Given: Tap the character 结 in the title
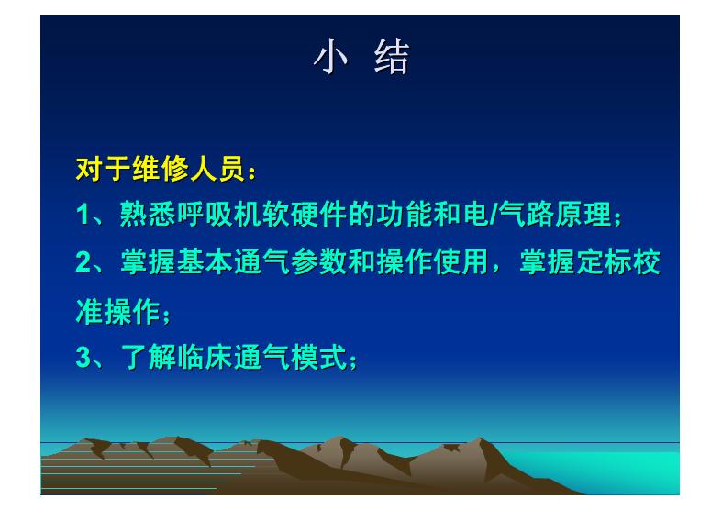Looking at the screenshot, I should (392, 58).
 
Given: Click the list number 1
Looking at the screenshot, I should (83, 216).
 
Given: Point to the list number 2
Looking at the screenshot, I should (83, 264).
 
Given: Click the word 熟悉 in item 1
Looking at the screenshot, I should (142, 216).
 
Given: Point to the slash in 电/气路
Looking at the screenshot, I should (494, 216).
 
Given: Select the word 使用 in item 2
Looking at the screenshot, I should (452, 264).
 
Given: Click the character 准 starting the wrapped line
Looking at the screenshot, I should (87, 312).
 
